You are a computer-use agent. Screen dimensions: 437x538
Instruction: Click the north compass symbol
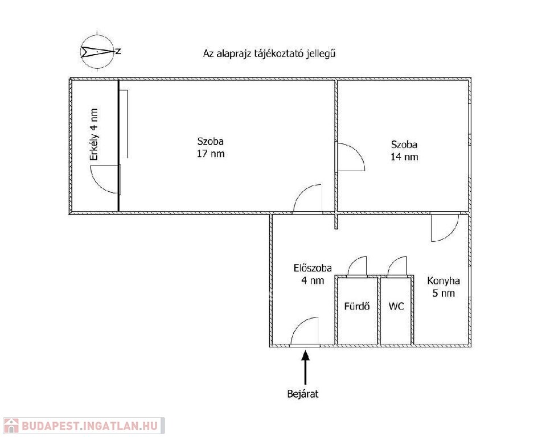[97, 52]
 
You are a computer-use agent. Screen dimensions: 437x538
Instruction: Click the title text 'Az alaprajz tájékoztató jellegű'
[268, 54]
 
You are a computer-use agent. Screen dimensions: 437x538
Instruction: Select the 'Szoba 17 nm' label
[210, 147]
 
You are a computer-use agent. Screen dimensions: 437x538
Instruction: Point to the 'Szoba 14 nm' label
[404, 150]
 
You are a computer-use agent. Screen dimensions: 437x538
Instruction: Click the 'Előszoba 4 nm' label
[309, 274]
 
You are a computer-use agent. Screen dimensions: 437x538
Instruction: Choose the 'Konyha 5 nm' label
[443, 287]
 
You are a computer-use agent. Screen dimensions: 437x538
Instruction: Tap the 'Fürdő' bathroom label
[357, 306]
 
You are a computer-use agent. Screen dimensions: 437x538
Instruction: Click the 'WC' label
[396, 306]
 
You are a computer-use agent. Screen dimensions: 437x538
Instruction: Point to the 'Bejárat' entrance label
[305, 393]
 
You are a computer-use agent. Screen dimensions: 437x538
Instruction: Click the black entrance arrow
[305, 367]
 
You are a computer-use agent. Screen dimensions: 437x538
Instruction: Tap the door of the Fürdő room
[358, 266]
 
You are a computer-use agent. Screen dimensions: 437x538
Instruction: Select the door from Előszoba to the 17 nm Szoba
[307, 198]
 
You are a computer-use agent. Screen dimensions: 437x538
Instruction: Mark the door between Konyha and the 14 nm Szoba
[445, 228]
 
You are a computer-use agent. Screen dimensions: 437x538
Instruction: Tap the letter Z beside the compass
[118, 51]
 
